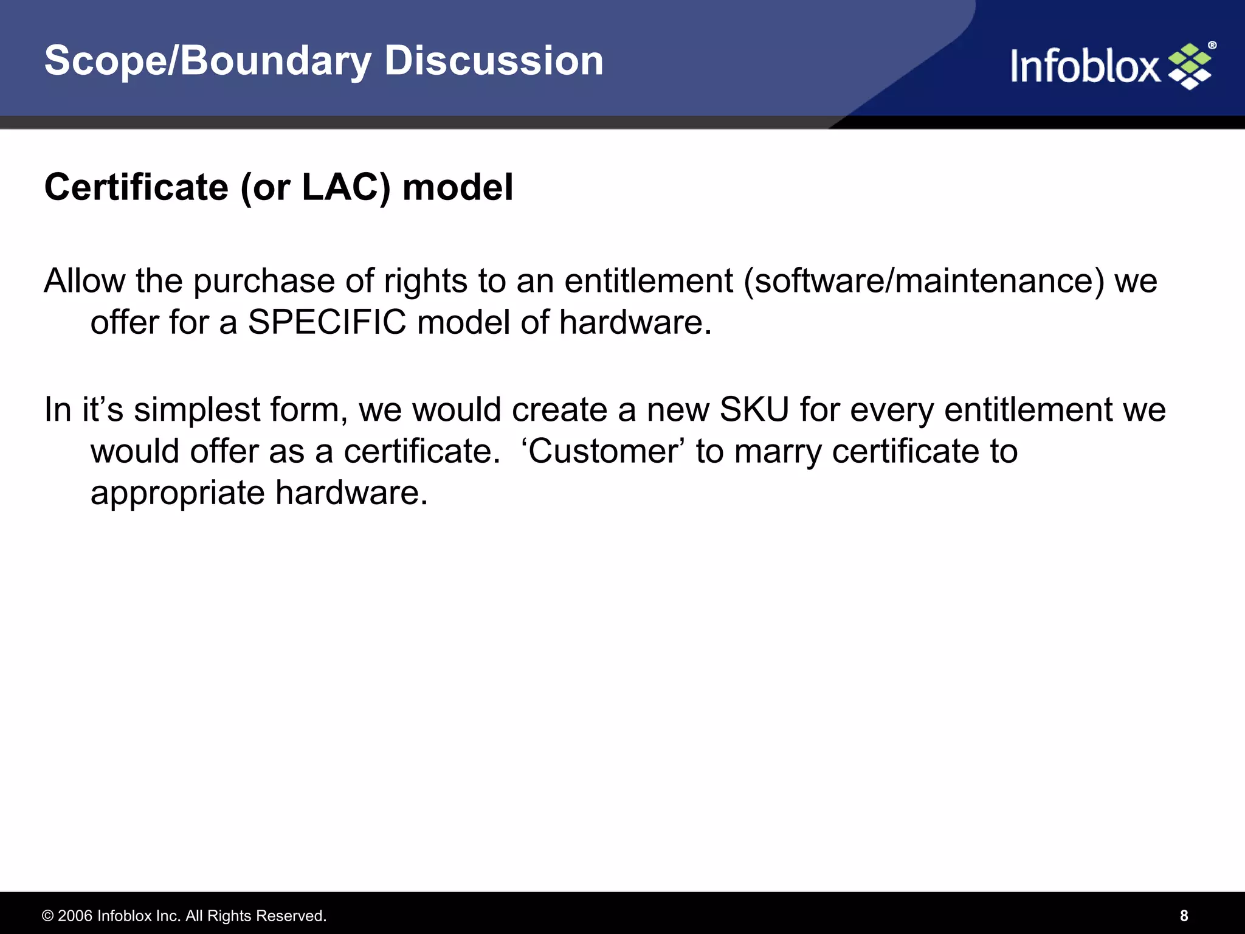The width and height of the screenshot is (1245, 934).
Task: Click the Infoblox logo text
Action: click(1085, 66)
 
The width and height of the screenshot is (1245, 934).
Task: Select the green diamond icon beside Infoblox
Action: click(1190, 66)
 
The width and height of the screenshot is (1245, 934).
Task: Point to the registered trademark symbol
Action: click(1212, 46)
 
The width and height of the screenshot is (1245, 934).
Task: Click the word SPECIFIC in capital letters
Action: click(327, 322)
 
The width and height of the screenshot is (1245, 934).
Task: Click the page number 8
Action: click(1184, 916)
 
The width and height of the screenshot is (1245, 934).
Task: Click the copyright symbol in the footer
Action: click(47, 916)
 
